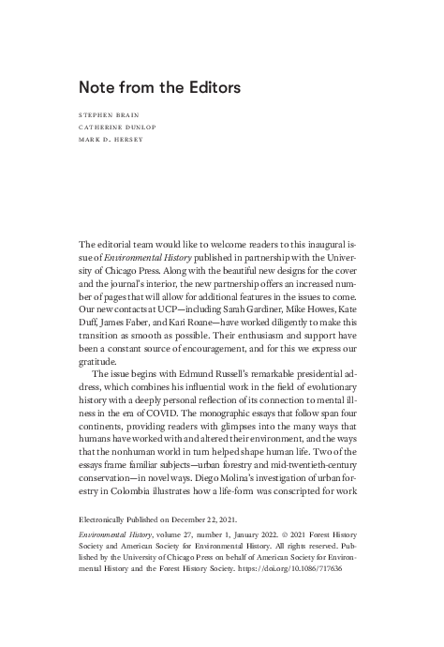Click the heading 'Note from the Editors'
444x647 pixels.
click(x=160, y=87)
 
